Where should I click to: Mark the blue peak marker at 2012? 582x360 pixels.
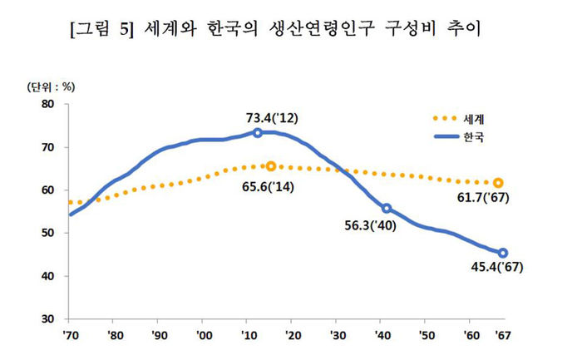258,133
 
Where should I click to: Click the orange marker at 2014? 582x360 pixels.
270,166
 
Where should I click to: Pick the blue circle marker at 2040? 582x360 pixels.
387,208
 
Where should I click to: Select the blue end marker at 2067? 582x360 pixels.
503,253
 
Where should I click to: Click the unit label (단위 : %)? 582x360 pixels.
52,86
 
